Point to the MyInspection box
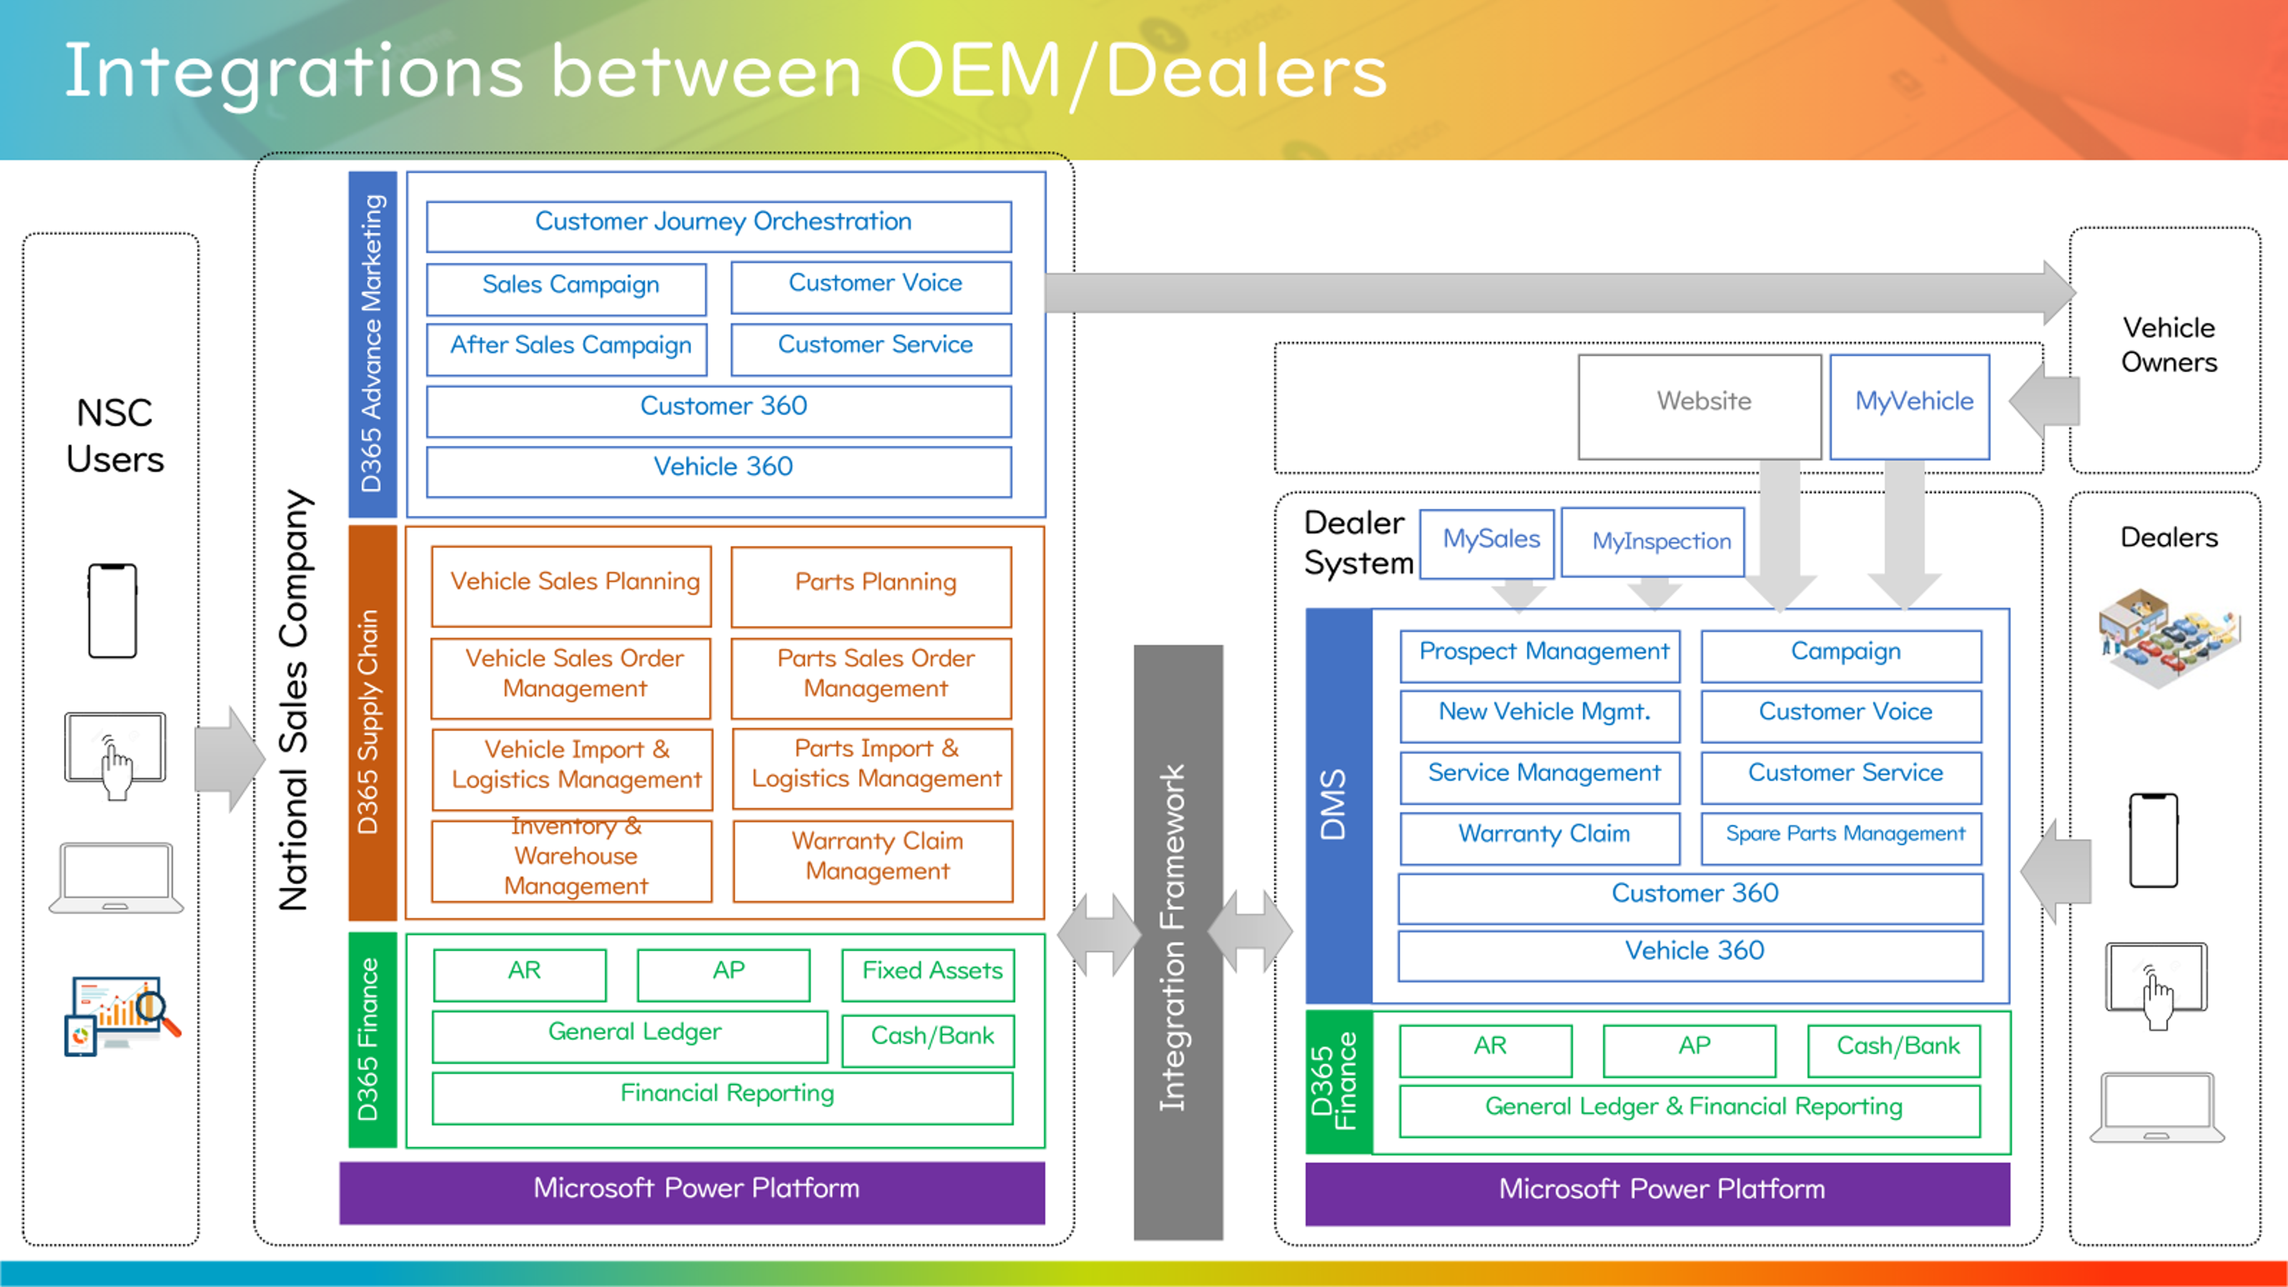point(1653,543)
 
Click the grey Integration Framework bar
point(1178,942)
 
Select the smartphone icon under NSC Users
point(113,611)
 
